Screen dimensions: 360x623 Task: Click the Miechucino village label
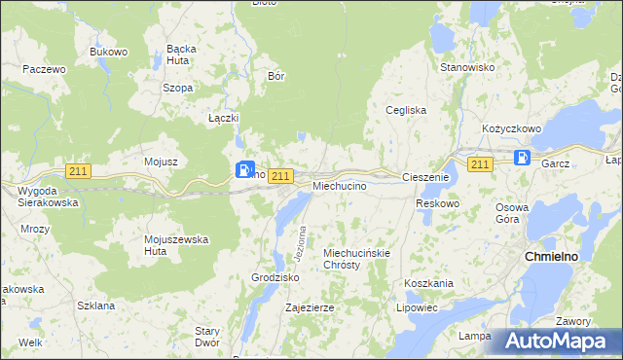pyautogui.click(x=339, y=185)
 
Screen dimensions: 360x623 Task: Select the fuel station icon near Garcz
pyautogui.click(x=523, y=158)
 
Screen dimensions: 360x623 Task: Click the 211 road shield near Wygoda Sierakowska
pyautogui.click(x=78, y=171)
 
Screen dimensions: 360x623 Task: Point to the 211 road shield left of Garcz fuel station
pyautogui.click(x=479, y=164)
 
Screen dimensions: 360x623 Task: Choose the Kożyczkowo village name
pyautogui.click(x=511, y=128)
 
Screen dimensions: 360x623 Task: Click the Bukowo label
pyautogui.click(x=109, y=52)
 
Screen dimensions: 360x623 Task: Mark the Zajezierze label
pyautogui.click(x=310, y=307)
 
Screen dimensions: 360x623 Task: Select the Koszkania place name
pyautogui.click(x=428, y=283)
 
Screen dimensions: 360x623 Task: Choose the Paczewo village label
pyautogui.click(x=44, y=70)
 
